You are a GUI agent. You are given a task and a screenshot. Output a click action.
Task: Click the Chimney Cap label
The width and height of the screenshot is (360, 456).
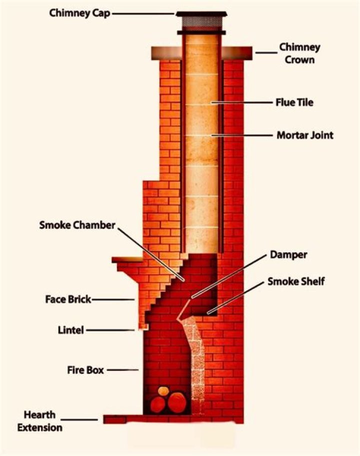coord(80,13)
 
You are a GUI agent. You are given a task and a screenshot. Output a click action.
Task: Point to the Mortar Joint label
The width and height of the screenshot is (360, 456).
coord(305,135)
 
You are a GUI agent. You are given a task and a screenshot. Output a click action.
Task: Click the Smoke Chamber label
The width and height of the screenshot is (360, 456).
coord(77,225)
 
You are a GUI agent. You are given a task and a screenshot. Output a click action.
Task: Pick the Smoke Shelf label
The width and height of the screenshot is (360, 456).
coord(296,281)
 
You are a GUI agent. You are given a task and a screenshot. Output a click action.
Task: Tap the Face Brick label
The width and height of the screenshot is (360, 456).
coord(68,299)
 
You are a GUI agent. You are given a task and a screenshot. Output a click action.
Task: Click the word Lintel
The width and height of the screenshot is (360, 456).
coord(70,330)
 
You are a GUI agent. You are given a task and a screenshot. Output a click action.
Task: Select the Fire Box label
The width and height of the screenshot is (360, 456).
coord(85,370)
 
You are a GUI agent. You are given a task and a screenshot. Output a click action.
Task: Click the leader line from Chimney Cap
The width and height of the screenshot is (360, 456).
coord(143,14)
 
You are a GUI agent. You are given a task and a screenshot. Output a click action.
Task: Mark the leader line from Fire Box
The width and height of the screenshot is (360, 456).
coord(123,370)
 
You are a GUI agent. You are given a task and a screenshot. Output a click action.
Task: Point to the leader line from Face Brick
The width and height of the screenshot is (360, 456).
coord(114,300)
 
